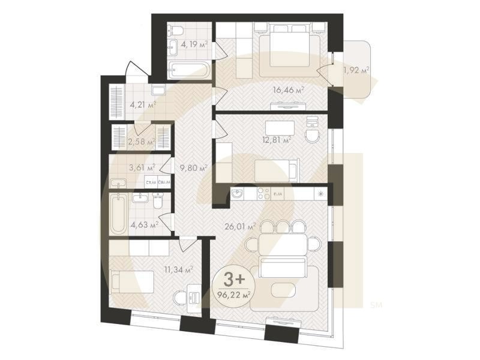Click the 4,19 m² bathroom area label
click(x=194, y=43)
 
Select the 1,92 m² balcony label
click(x=356, y=70)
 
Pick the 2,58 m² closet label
click(x=142, y=142)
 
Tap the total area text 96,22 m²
click(x=232, y=294)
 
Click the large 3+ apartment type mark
click(x=231, y=279)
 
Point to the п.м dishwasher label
click(x=278, y=194)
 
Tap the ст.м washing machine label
click(x=151, y=181)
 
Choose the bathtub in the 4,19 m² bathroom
click(x=188, y=71)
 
